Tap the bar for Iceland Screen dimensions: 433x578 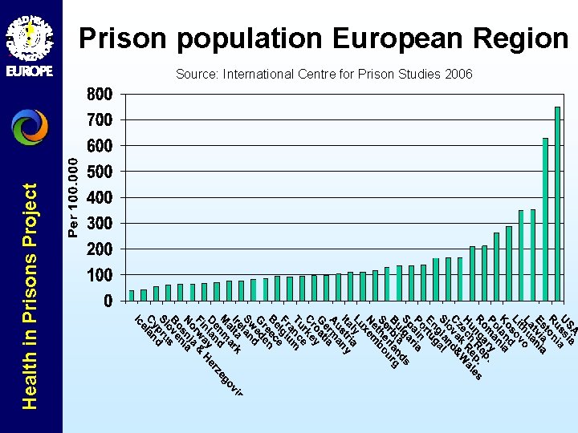[x=132, y=295]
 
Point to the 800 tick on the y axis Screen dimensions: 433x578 [x=100, y=94]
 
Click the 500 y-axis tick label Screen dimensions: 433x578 [x=100, y=172]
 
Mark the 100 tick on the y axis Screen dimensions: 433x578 [x=100, y=275]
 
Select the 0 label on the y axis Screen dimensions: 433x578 [x=108, y=301]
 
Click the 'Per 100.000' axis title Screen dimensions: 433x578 [x=74, y=197]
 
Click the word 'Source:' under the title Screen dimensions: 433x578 [x=196, y=75]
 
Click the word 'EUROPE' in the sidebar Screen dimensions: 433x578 [x=30, y=71]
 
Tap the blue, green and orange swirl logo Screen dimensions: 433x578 [x=30, y=127]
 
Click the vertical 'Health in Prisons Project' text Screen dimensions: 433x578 [x=30, y=297]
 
